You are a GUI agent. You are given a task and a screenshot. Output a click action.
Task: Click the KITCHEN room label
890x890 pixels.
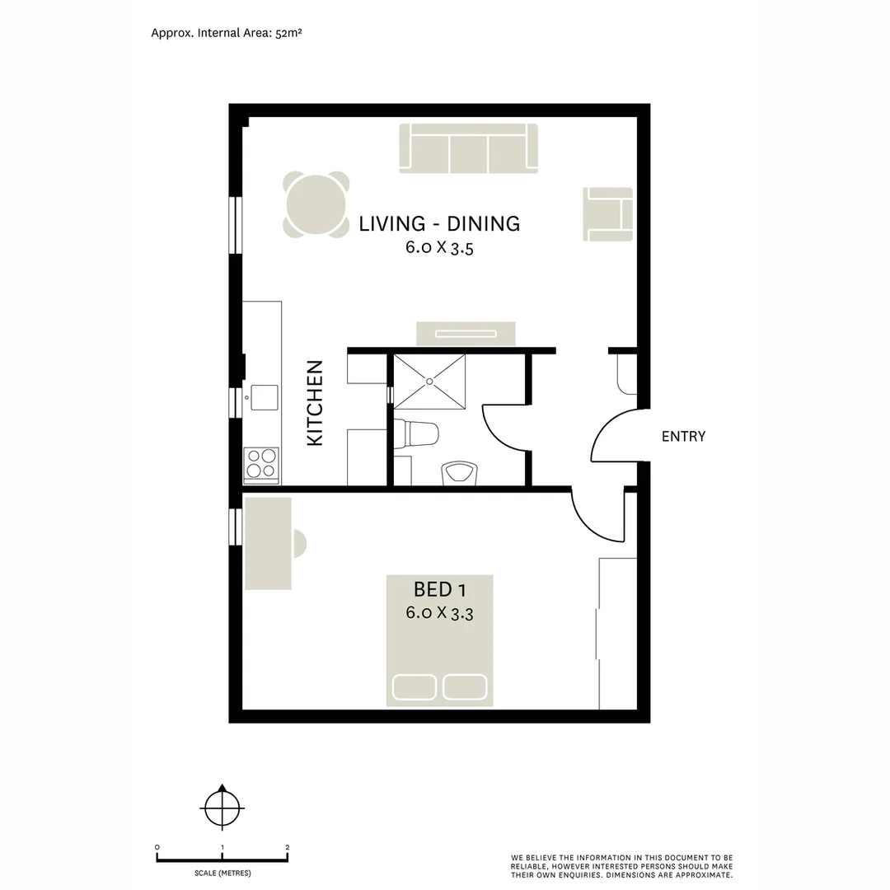click(315, 403)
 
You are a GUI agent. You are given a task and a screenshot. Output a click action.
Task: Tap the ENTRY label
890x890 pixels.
click(683, 437)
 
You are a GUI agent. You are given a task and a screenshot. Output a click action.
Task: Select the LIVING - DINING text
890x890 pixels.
click(439, 223)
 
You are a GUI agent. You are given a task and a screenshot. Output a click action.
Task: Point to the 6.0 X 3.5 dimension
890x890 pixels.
click(439, 247)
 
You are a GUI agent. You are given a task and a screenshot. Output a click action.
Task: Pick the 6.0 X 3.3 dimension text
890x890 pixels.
click(439, 613)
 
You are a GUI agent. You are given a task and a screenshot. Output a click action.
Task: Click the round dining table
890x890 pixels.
click(316, 204)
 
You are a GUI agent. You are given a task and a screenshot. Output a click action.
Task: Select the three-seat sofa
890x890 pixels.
click(468, 148)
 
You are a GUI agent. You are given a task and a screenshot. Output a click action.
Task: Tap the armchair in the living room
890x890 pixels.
click(609, 214)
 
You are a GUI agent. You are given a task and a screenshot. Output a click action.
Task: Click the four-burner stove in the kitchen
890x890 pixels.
click(261, 463)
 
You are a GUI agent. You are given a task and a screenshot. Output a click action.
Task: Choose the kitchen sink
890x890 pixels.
click(264, 397)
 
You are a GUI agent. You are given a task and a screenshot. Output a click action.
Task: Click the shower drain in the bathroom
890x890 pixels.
click(429, 381)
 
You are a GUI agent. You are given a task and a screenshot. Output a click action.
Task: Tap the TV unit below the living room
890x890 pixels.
click(466, 333)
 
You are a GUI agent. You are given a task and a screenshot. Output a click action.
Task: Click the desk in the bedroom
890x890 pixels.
click(269, 543)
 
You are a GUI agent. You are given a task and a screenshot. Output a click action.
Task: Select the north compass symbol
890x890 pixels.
click(222, 806)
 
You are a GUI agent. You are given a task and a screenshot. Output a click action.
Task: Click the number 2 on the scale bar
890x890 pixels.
click(287, 847)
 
